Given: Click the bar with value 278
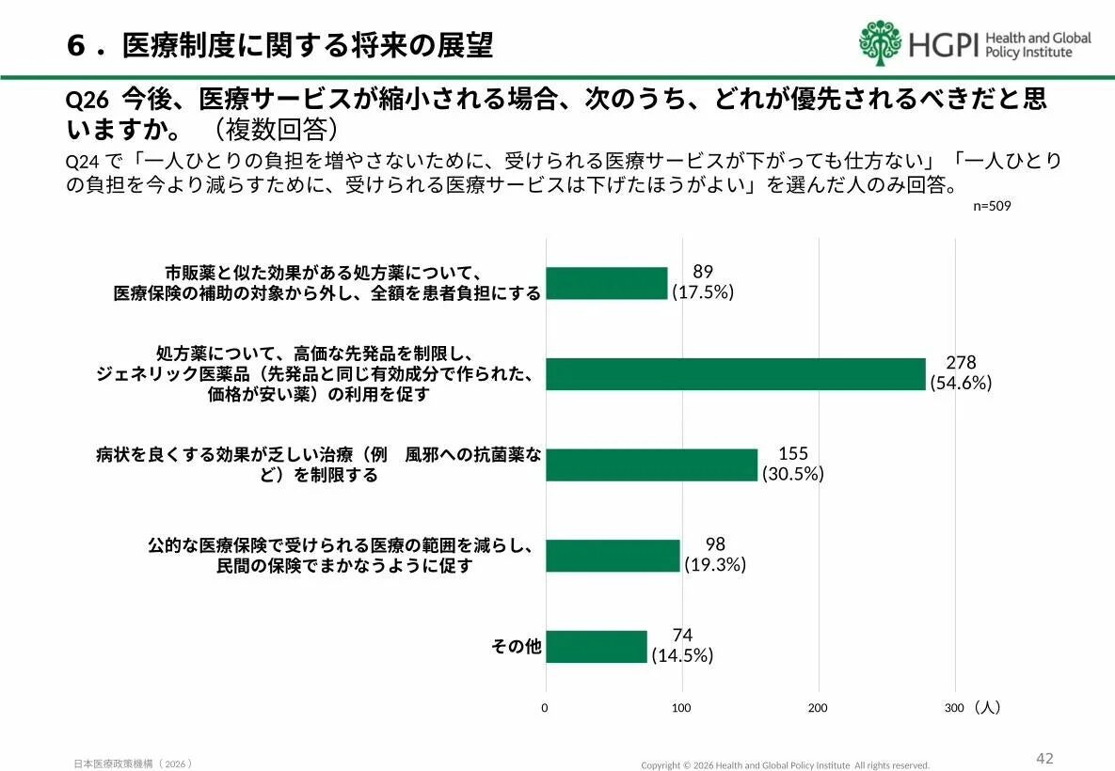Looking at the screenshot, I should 735,374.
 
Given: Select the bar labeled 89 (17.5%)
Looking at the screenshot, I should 606,283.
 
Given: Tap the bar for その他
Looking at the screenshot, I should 596,647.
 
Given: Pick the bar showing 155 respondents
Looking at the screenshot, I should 651,464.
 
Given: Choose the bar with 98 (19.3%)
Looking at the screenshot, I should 612,556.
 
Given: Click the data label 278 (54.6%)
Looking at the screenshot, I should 961,372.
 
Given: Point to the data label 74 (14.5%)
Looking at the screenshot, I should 682,646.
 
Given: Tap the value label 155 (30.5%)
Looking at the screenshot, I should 793,464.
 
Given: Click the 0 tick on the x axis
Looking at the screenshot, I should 545,708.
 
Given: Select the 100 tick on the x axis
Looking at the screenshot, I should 681,708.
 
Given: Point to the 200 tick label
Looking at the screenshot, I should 818,708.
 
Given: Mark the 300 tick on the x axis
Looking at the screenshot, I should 954,708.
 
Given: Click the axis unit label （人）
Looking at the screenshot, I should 987,708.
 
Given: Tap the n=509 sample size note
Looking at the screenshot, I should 992,205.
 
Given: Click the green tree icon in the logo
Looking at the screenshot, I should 881,43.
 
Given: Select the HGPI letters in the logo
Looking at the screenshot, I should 945,44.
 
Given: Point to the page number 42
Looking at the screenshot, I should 1044,758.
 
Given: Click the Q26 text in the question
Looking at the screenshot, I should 88,101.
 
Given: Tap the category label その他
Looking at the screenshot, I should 516,647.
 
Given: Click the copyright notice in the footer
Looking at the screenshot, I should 785,765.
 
